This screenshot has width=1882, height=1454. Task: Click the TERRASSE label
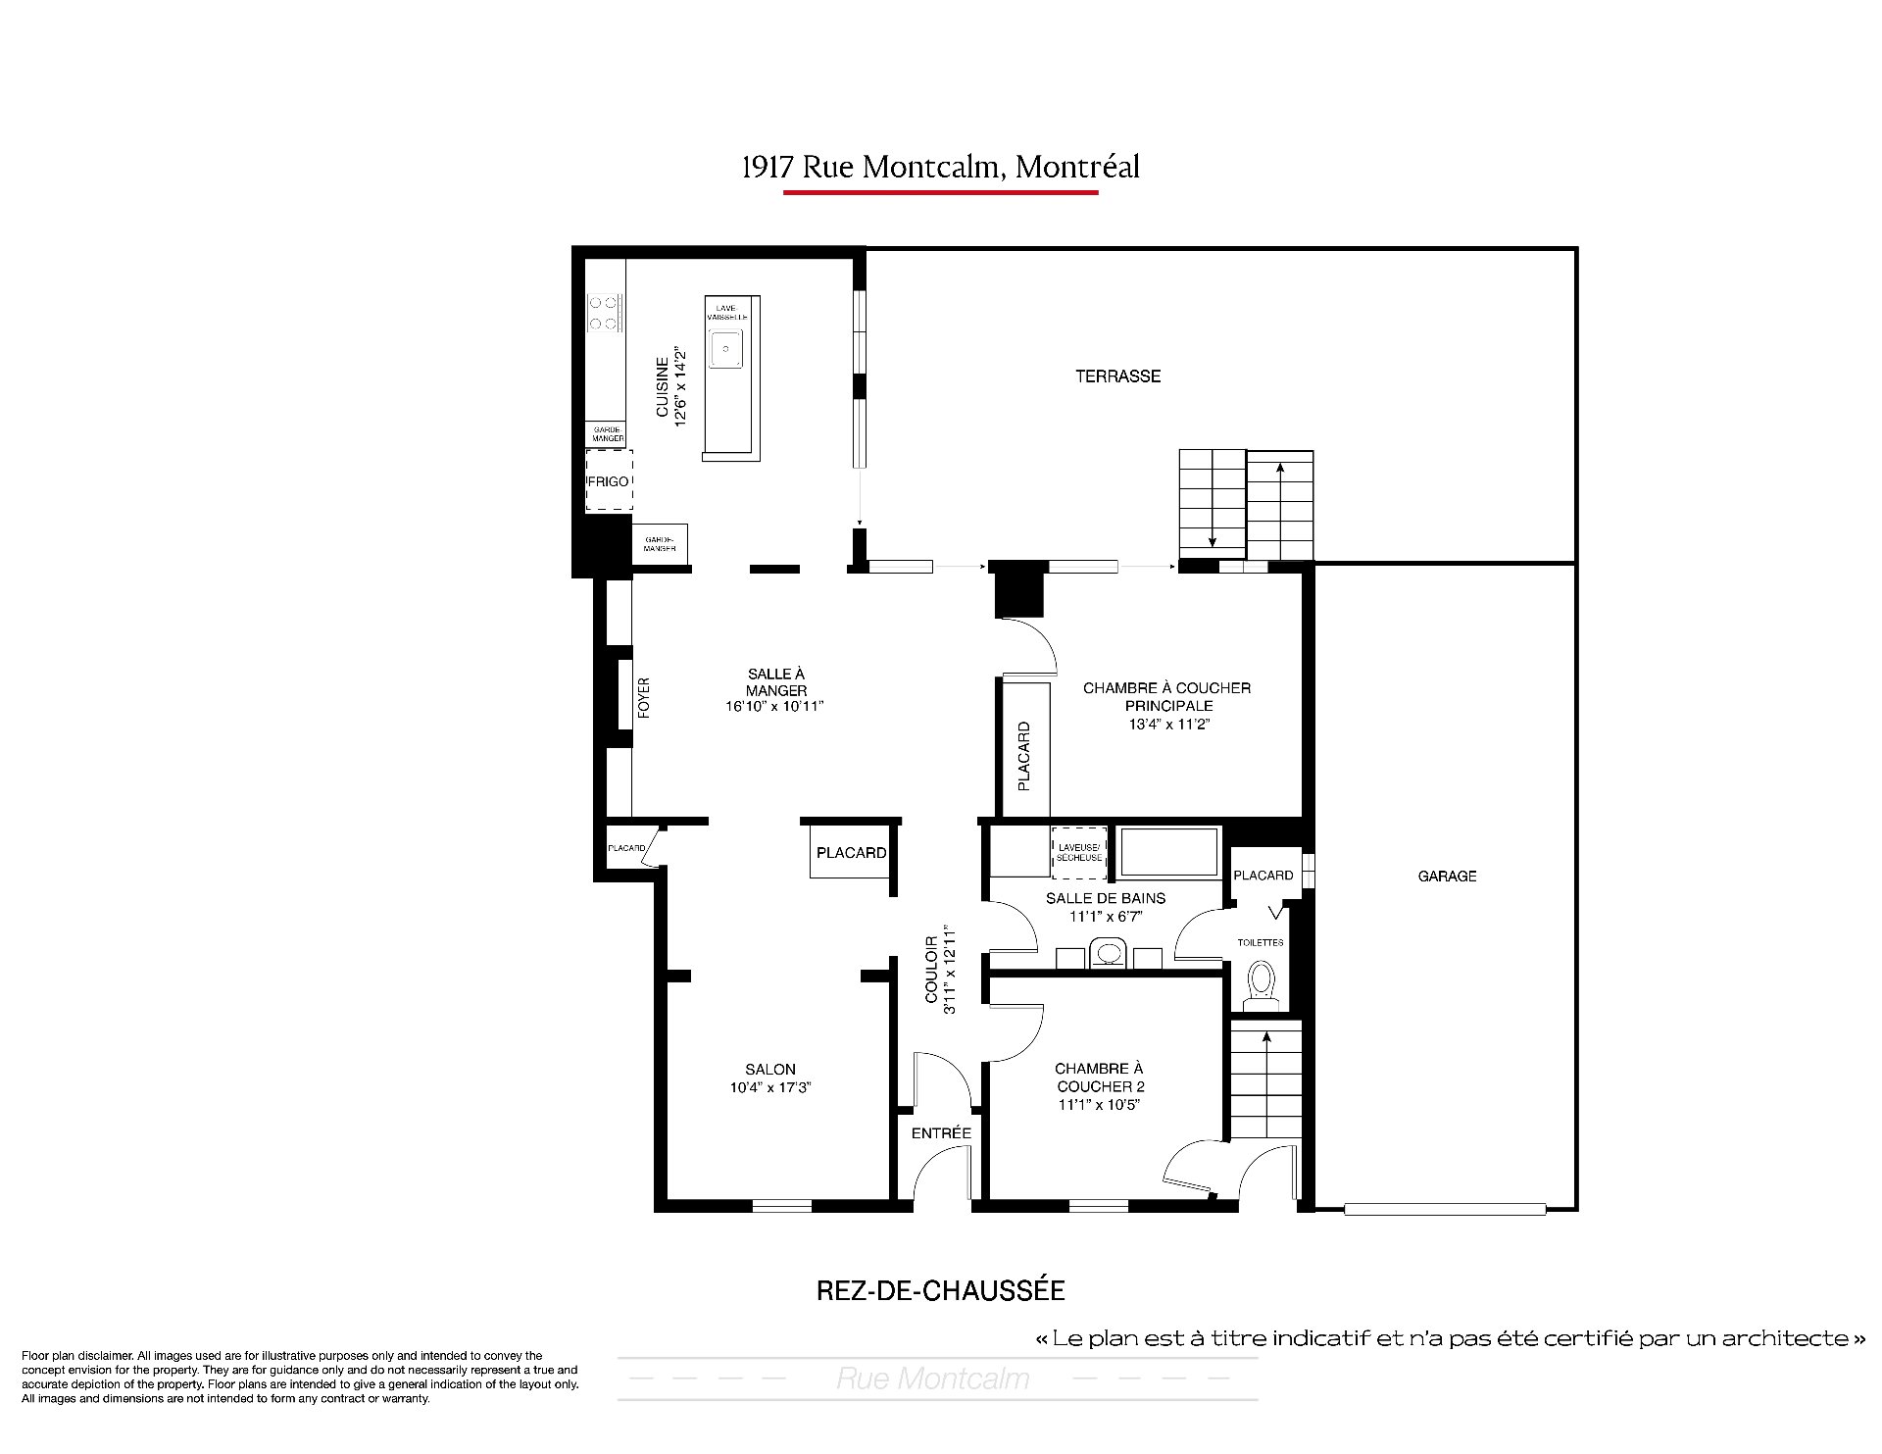pos(1117,376)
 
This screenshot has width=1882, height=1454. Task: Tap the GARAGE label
pos(1447,877)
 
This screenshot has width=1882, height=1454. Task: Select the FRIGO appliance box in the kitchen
pos(609,480)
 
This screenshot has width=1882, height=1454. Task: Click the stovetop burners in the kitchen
pos(606,313)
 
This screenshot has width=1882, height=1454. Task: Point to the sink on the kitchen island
pos(726,348)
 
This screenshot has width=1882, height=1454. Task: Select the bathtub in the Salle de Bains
pos(1169,852)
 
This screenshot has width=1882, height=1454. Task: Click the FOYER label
pos(644,698)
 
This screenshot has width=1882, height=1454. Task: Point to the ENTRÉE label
pos(941,1133)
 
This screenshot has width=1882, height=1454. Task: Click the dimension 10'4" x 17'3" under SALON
pos(770,1087)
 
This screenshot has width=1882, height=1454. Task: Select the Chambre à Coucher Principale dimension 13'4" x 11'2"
pos(1166,725)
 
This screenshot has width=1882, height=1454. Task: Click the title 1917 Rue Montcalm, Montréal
pos(941,167)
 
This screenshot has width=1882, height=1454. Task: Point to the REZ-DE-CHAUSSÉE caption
pos(941,1290)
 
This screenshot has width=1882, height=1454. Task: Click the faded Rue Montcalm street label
pos(933,1379)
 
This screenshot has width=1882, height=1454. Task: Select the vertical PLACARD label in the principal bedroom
pos(1024,756)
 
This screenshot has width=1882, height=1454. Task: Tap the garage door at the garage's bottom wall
pos(1445,1209)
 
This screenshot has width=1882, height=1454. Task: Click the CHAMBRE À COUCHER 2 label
pos(1100,1078)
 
